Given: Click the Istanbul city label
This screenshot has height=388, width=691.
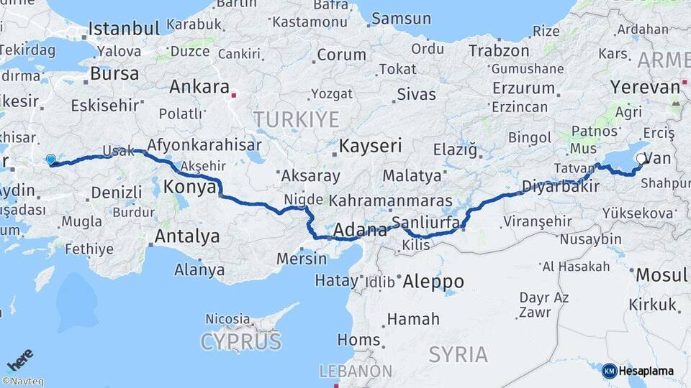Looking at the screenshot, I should (x=123, y=29).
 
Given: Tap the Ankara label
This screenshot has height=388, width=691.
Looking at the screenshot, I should (x=198, y=88).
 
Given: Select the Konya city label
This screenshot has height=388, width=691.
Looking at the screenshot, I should (x=190, y=187).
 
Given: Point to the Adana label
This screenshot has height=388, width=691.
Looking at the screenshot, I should (x=361, y=231).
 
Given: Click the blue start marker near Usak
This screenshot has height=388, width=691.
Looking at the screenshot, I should (x=50, y=160).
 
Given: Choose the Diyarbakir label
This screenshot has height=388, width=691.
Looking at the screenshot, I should (x=550, y=187).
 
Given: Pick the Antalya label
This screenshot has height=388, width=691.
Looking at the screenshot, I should (x=187, y=236).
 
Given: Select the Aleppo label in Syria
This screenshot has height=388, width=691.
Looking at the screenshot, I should (x=433, y=281).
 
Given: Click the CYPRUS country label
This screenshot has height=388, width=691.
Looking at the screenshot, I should (x=240, y=341).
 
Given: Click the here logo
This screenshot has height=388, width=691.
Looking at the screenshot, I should (x=20, y=359).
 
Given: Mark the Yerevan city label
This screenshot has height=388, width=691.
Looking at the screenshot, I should (x=645, y=87).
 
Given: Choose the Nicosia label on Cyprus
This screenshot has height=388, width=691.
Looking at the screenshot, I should (x=227, y=318).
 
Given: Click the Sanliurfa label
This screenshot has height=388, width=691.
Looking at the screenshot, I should (x=425, y=222).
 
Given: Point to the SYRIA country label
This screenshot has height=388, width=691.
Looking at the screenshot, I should (x=459, y=354).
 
